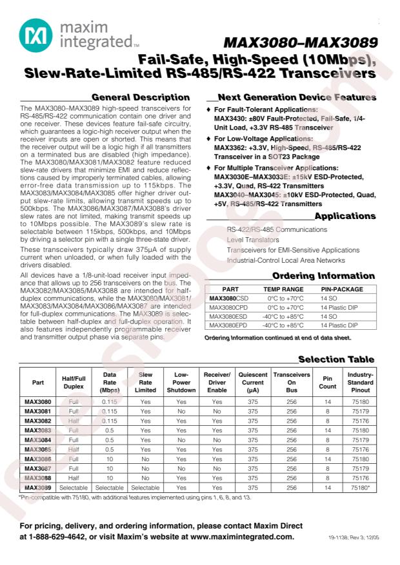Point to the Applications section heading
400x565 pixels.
click(x=345, y=216)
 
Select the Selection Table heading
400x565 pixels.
click(x=335, y=359)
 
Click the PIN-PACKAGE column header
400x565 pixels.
click(x=342, y=289)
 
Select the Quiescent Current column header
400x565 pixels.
click(x=253, y=382)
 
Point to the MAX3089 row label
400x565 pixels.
click(x=38, y=488)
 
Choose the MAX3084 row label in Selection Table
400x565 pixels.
click(x=38, y=439)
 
